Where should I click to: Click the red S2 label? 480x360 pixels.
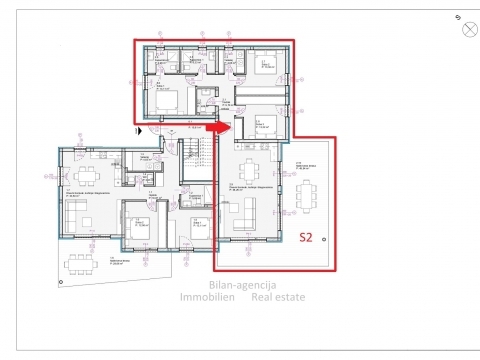[310, 238]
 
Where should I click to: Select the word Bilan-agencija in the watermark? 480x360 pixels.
[240, 285]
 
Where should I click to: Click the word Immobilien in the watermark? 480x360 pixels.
[208, 297]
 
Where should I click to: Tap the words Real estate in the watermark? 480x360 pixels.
[279, 297]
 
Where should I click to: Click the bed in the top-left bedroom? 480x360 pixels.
[169, 101]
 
